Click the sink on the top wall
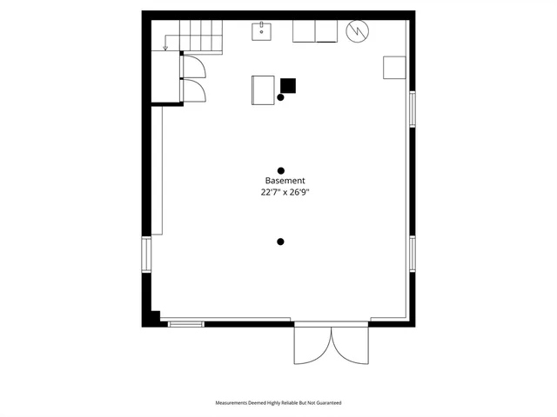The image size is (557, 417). [263, 32]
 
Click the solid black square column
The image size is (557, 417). [288, 85]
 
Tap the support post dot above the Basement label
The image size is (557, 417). [280, 170]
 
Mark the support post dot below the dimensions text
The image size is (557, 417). [280, 242]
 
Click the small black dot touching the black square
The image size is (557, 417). [280, 96]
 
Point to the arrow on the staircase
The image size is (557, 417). [166, 46]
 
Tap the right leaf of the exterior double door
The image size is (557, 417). [347, 345]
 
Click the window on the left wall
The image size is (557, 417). [147, 256]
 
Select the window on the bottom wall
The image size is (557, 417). [185, 324]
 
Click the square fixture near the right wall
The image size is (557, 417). [394, 67]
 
